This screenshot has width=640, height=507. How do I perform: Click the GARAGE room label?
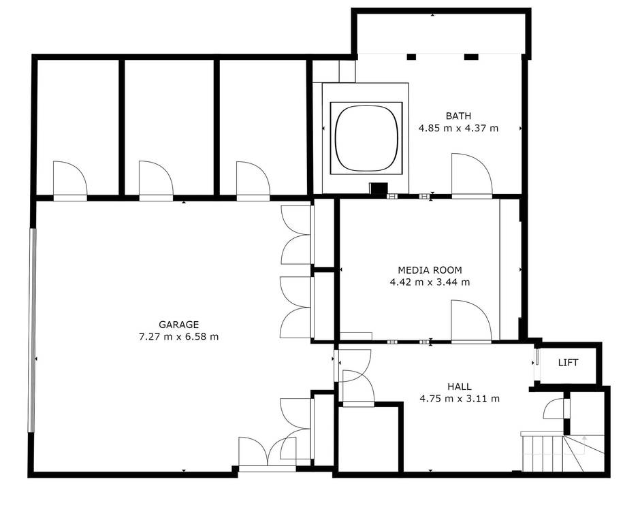(x=178, y=325)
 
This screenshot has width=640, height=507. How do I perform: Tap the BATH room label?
(x=458, y=116)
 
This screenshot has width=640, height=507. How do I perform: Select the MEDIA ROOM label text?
(x=430, y=270)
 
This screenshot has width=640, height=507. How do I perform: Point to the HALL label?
(x=460, y=387)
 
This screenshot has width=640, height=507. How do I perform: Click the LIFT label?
(x=568, y=363)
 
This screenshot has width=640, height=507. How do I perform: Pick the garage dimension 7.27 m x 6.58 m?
(x=179, y=337)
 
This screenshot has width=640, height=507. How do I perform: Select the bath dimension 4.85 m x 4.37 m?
(x=458, y=128)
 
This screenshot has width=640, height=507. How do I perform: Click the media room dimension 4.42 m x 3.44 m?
(x=430, y=282)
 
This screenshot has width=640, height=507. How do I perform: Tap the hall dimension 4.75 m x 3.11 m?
(x=460, y=399)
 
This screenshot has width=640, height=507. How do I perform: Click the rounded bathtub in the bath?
(x=366, y=138)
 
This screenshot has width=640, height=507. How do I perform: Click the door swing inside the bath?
(x=472, y=176)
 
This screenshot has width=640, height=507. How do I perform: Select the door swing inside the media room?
(x=471, y=322)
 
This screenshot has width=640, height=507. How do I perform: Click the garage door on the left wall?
(x=32, y=330)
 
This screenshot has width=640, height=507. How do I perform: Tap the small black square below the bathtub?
(x=379, y=189)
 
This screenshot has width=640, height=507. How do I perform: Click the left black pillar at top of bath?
(x=411, y=57)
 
